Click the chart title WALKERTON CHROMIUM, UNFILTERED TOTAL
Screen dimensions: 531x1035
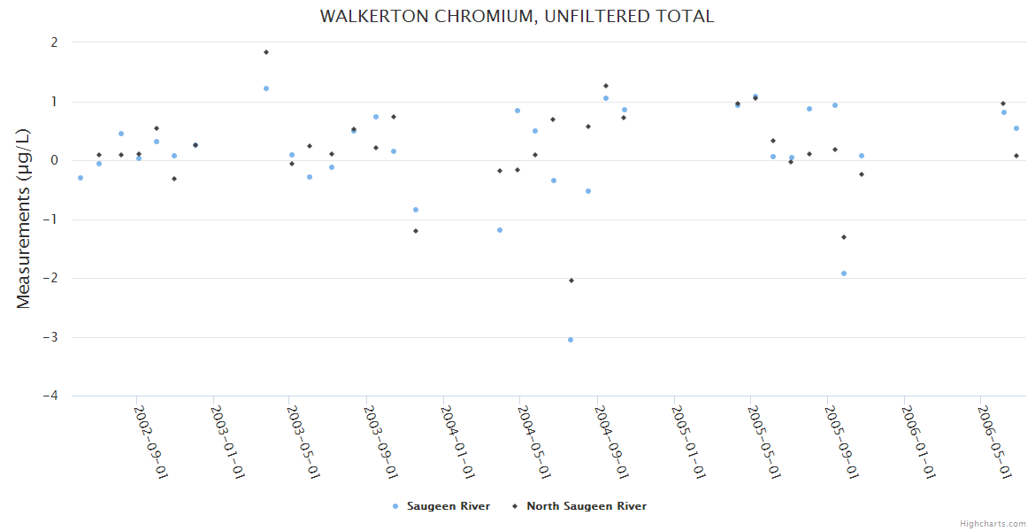(517, 16)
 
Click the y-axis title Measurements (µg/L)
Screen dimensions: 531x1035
(23, 219)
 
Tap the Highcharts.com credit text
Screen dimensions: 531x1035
(993, 523)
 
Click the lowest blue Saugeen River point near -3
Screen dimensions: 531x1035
(571, 340)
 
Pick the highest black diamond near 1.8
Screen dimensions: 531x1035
(266, 52)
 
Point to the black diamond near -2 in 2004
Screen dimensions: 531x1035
(571, 281)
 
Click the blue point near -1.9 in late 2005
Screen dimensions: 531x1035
(844, 273)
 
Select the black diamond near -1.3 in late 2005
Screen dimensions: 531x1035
(844, 237)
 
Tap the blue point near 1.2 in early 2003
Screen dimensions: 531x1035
(266, 88)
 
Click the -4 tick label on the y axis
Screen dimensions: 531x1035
(50, 396)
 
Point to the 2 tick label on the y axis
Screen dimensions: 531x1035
(54, 42)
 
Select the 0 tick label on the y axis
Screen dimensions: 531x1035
(54, 160)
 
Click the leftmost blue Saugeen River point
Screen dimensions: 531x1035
(80, 178)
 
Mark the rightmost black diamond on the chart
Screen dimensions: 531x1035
(1016, 156)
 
